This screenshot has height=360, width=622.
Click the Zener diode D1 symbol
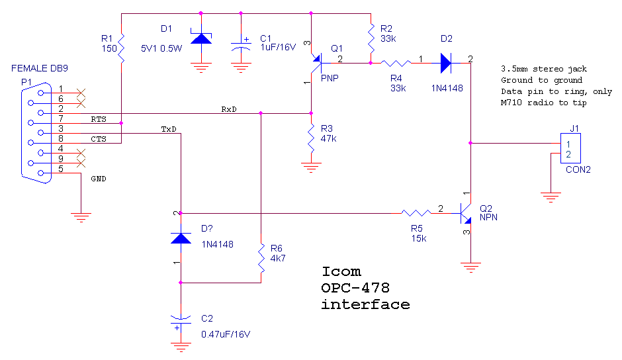(x=201, y=38)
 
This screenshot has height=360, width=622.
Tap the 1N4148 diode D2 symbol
(x=446, y=63)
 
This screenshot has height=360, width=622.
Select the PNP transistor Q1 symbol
(x=316, y=63)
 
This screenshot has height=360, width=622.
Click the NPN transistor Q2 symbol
(x=466, y=213)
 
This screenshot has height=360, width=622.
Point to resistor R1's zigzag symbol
(x=121, y=48)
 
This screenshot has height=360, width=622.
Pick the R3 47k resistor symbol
(x=311, y=138)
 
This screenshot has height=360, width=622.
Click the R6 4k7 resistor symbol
(x=261, y=258)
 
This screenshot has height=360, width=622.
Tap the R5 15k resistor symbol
(x=416, y=213)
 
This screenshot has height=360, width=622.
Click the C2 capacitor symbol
(x=181, y=322)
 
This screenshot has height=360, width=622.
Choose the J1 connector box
(x=570, y=148)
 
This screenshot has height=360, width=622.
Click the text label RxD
(x=229, y=109)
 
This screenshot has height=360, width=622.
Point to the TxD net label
(x=169, y=129)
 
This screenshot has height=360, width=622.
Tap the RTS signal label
(x=99, y=119)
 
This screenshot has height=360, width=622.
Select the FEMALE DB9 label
(x=39, y=68)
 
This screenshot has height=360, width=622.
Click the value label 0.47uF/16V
(x=226, y=334)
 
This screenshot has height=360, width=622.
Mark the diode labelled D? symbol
(x=181, y=238)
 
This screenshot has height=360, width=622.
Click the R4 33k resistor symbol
(x=396, y=63)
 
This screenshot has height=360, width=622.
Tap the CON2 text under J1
(x=578, y=169)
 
